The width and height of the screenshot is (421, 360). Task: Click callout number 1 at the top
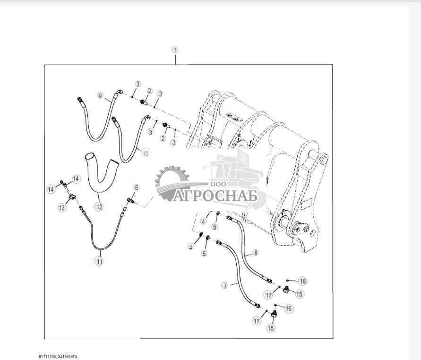point(175,50)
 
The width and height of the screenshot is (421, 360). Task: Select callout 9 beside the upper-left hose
point(100,95)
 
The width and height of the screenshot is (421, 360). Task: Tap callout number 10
point(146,153)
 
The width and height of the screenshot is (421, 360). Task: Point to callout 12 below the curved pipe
point(99,207)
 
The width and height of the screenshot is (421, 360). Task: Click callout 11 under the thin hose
point(99,261)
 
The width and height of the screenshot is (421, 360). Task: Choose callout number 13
point(62,207)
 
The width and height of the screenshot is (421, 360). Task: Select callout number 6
point(136,188)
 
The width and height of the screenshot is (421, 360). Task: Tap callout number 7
point(225,286)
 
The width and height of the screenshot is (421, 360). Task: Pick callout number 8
point(256,253)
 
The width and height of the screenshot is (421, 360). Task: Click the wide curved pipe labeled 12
point(100,174)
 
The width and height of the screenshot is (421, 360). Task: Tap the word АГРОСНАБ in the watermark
point(215,195)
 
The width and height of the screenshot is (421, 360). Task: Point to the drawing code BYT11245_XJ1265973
point(58,356)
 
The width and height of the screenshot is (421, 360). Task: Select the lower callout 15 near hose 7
point(271,328)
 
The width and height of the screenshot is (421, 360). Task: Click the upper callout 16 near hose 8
point(303,281)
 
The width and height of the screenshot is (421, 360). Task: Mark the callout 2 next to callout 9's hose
point(149,91)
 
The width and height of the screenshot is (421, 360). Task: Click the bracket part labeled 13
point(72,196)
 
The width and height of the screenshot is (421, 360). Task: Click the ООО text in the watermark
point(218,184)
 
